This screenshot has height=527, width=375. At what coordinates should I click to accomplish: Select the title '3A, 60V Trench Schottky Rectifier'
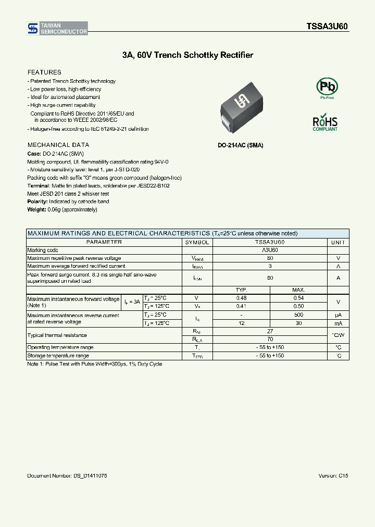pos(187,55)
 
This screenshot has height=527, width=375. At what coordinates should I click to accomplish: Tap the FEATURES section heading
pos(44,72)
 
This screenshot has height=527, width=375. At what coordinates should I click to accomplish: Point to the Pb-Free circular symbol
pos(327,86)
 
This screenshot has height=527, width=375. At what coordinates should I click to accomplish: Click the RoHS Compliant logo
pos(325,122)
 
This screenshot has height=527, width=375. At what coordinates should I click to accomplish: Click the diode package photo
pos(241,108)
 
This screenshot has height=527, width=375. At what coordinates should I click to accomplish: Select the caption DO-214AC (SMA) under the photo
pos(240,145)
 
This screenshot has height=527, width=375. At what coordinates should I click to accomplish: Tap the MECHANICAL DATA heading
pos(58,145)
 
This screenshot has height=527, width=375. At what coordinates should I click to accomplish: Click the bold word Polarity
pos(37,202)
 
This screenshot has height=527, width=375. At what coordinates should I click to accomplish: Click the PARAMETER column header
pos(104,242)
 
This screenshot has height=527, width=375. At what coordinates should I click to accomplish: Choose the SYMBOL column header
pos(197,242)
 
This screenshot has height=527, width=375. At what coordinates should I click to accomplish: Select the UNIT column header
pos(338,242)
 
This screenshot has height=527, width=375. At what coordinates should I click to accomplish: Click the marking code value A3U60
pos(269,250)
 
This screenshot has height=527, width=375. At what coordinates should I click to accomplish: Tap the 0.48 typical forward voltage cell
pos(241,298)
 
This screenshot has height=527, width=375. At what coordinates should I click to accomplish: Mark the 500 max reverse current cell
pos(298,315)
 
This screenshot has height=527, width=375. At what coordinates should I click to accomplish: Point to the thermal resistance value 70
pos(269,339)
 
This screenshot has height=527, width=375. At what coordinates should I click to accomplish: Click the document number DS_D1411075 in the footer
pos(67,476)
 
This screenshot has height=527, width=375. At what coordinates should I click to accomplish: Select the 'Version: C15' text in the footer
pos(333,476)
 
